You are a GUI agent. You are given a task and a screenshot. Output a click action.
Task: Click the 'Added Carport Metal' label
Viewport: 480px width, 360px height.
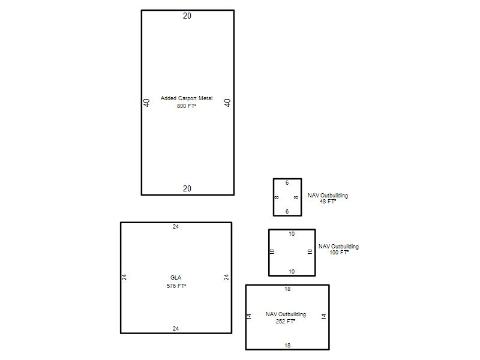click(x=187, y=98)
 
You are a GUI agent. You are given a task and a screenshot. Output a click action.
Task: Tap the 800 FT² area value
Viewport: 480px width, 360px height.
click(x=187, y=106)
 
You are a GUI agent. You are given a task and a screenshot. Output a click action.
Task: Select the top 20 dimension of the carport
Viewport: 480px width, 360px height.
click(x=187, y=16)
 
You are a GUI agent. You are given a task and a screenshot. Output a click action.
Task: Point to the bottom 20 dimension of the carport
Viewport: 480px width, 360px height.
click(x=187, y=188)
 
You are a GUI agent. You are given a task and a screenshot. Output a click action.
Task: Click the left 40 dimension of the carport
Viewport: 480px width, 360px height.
click(x=146, y=103)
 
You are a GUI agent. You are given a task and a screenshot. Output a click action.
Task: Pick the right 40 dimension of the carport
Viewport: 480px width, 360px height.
click(x=227, y=103)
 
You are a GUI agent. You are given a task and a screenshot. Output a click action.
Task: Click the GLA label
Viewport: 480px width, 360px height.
click(x=176, y=278)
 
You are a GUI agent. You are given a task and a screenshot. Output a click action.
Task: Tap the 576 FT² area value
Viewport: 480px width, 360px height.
click(x=176, y=286)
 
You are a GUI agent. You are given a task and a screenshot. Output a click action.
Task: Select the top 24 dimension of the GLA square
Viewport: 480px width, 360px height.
click(x=176, y=227)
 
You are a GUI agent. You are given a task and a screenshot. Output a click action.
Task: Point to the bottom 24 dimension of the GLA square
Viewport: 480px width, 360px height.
click(x=176, y=328)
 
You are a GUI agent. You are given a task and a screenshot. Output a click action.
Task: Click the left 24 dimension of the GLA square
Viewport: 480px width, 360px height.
click(x=124, y=277)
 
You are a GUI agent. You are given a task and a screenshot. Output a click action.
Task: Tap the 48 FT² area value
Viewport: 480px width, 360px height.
click(x=328, y=202)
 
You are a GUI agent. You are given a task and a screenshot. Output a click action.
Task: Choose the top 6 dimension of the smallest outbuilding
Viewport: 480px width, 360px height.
click(x=287, y=183)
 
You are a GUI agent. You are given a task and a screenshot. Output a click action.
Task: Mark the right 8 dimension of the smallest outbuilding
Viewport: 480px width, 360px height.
click(x=296, y=197)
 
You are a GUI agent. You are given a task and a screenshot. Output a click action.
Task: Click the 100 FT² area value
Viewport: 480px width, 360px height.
click(x=339, y=253)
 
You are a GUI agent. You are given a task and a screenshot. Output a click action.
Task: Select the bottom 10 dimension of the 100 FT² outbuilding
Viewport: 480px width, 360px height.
click(x=292, y=272)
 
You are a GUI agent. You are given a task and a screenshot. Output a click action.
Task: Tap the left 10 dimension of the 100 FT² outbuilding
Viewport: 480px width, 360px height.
click(x=272, y=252)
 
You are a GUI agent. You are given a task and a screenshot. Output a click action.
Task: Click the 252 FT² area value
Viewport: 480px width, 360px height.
click(x=286, y=322)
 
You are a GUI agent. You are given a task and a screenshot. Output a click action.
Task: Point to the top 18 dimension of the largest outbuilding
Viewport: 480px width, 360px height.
click(x=287, y=289)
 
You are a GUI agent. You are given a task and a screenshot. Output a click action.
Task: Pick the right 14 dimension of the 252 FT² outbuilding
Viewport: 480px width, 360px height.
click(x=323, y=317)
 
